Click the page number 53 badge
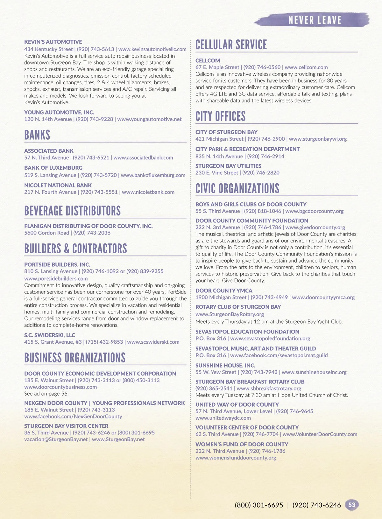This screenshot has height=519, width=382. pos(352,505)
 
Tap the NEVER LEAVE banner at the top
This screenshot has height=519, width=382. pos(315,20)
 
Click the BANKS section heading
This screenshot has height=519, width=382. pos(37,135)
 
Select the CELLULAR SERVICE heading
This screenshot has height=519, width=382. pos(231,45)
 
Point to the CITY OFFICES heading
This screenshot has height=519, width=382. pos(220,116)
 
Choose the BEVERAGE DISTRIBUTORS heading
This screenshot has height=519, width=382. pos(73,211)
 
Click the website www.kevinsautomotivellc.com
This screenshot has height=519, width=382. pos(152,49)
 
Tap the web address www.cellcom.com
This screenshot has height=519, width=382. pos(306,67)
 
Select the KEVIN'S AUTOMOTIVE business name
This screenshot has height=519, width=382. pos(53,42)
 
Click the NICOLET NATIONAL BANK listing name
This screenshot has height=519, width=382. pos(58,185)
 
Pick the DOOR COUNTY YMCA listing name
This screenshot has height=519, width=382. pos(224,291)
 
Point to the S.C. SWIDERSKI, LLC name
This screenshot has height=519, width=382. pos(50,335)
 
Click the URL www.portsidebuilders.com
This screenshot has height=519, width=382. pos(56,278)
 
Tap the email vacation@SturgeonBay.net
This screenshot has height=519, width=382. pos(56,439)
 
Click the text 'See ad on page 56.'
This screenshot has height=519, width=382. pos(46,394)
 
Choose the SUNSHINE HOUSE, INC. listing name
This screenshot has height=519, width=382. pos(225,365)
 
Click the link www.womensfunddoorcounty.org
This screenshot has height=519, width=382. pos(236,458)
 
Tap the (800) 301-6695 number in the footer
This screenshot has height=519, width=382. pos(259,505)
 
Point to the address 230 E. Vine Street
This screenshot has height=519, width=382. pos(217,173)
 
